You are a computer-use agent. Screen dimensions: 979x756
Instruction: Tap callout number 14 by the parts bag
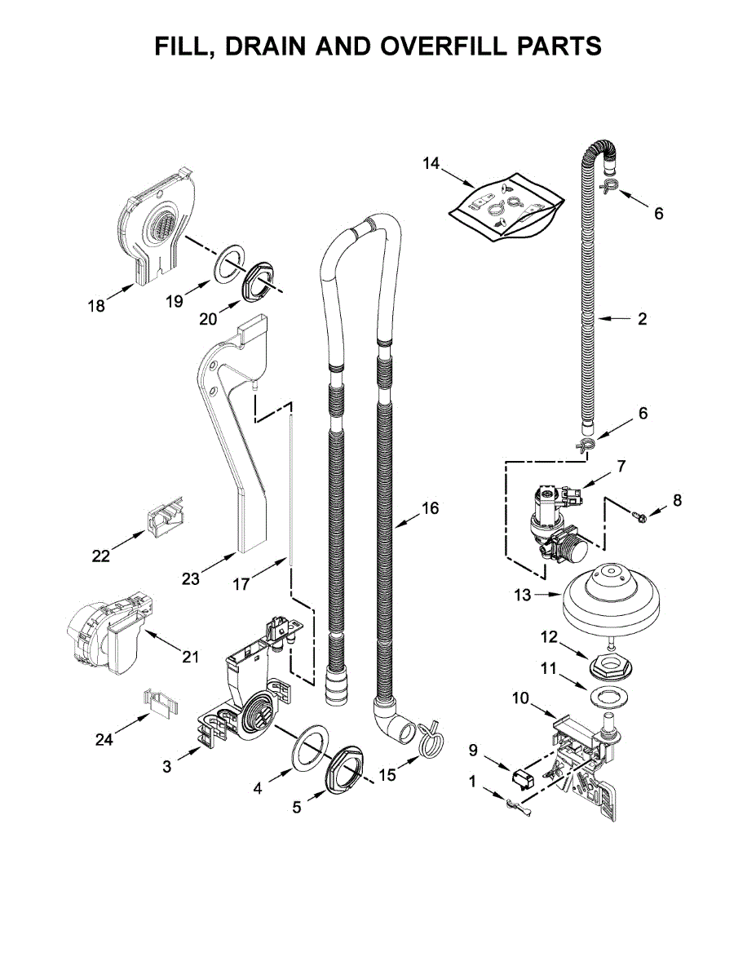coord(431,164)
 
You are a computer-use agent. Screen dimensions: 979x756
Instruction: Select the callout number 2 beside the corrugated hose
coord(642,319)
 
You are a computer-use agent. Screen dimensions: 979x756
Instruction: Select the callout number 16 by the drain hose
coord(430,509)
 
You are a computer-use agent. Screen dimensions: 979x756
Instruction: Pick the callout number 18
coord(96,307)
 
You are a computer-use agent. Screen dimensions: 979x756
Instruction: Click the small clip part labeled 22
coord(164,519)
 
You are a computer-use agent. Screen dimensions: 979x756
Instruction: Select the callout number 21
coord(190,656)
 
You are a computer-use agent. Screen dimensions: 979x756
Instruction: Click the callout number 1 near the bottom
coord(472,781)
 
